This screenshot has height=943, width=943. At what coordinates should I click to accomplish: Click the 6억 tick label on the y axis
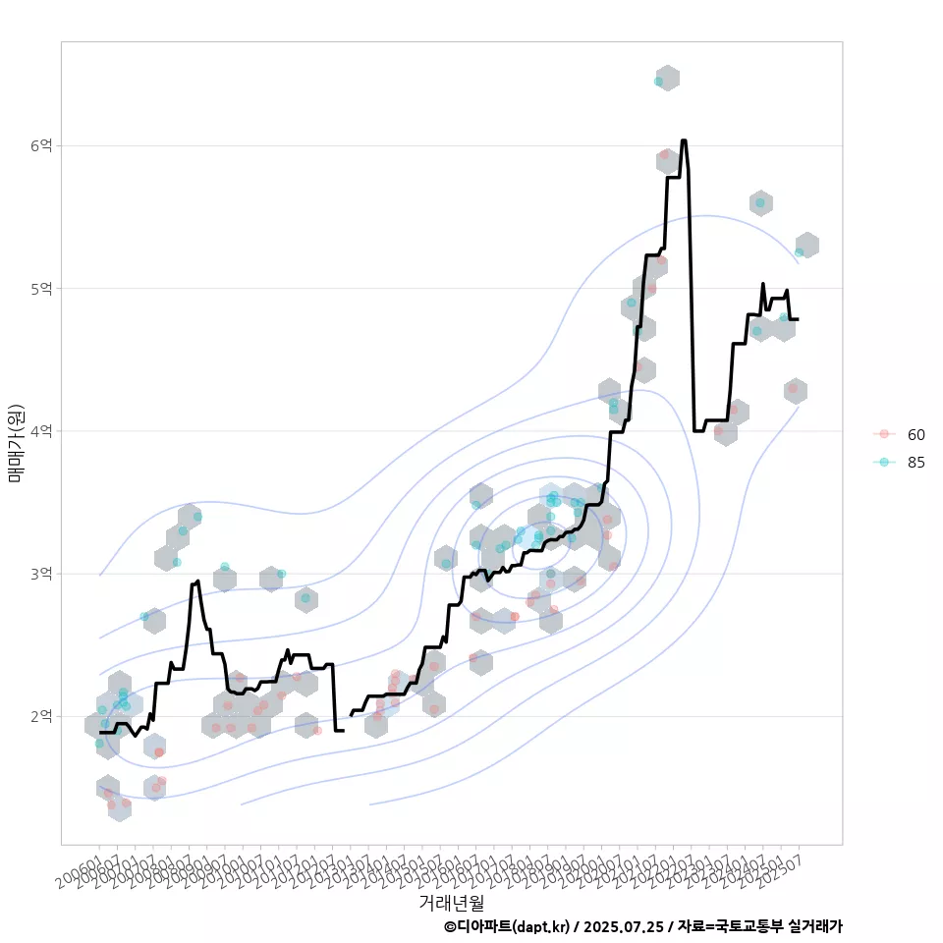click(x=41, y=145)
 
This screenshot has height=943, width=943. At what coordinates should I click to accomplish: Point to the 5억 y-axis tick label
click(x=41, y=288)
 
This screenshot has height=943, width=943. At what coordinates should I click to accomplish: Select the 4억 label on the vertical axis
click(x=41, y=430)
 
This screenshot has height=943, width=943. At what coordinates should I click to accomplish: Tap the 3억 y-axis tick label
click(x=41, y=573)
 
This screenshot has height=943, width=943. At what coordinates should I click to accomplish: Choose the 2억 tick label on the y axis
click(x=41, y=715)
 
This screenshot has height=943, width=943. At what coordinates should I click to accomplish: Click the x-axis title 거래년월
click(x=451, y=902)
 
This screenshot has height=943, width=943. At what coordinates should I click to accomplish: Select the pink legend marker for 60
click(x=884, y=434)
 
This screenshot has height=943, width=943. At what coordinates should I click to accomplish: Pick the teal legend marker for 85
click(x=884, y=462)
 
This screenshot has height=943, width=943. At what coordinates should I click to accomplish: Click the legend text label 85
click(x=916, y=462)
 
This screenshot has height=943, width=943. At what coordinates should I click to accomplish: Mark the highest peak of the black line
click(x=684, y=140)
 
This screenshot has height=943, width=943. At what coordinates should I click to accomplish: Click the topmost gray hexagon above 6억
click(x=668, y=78)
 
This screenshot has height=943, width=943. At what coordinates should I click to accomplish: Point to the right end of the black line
click(x=798, y=319)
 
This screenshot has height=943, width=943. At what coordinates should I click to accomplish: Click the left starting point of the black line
click(x=100, y=732)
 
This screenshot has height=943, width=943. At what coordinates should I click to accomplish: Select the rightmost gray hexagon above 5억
click(x=806, y=246)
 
